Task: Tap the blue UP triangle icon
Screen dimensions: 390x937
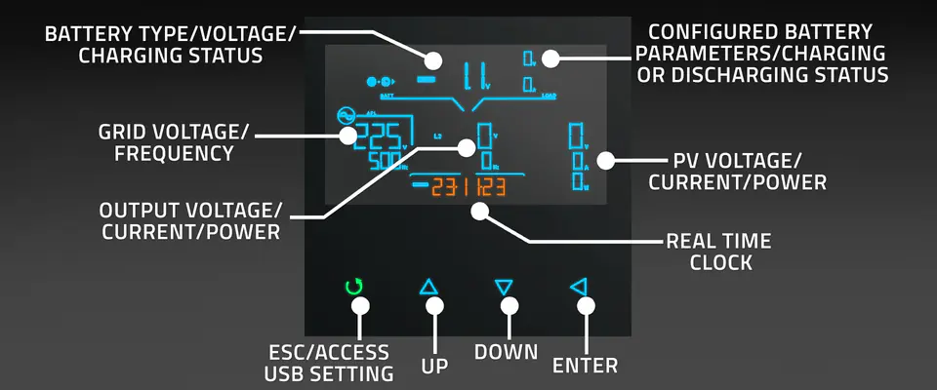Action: [x=430, y=288]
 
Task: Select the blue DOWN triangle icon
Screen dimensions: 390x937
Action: [x=504, y=288]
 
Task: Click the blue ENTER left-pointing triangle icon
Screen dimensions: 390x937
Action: [x=579, y=288]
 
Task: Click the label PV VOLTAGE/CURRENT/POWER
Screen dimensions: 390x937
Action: [x=737, y=172]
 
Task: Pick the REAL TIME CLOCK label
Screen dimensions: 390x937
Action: [x=718, y=251]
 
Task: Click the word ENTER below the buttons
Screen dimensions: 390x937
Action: [x=585, y=366]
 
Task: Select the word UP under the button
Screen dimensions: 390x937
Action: [x=434, y=366]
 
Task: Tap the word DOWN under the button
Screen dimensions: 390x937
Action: [x=507, y=351]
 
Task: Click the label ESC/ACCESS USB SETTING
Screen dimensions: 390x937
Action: [x=329, y=362]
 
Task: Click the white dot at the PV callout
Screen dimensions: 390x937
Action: [x=606, y=159]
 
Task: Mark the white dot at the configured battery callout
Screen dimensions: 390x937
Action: [x=551, y=58]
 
